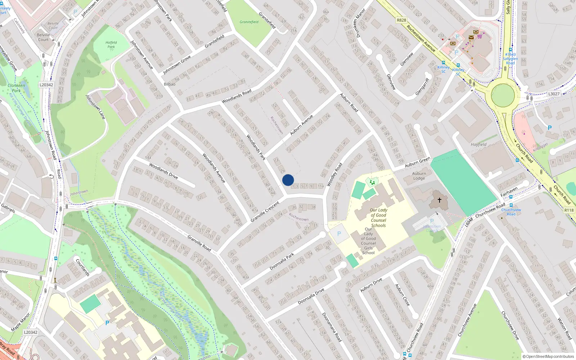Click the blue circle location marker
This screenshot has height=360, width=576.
coord(288,180)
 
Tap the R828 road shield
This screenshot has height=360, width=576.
coord(401,21)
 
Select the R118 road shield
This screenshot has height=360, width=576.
coord(569,211)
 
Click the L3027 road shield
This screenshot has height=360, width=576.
coord(554,94)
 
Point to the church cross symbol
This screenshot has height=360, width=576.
coord(439,200)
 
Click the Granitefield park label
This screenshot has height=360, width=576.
coord(249,22)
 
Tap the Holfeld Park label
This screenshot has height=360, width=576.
coord(111,45)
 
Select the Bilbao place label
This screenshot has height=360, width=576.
coord(170,84)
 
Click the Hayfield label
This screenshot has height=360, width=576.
coord(478,145)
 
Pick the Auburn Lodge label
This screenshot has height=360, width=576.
coord(419,176)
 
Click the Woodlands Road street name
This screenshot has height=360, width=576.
coord(237,96)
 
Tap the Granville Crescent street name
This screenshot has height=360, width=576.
coord(265,212)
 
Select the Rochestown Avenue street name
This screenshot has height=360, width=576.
coord(421,38)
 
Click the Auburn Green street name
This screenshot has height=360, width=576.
coord(417,162)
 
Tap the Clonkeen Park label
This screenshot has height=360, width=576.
coord(17,88)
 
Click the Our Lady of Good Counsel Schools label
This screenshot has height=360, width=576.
coord(378,218)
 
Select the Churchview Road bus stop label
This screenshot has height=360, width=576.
coord(511,212)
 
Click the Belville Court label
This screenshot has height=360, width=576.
coord(43,37)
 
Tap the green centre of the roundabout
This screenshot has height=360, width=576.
coord(503,95)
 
